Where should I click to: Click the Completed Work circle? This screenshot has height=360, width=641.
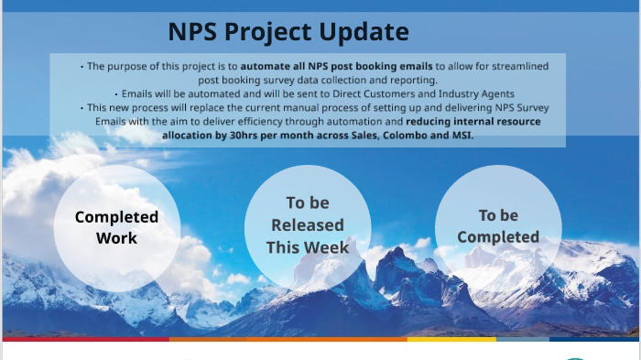[116, 227]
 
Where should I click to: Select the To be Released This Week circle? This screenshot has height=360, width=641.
[308, 226]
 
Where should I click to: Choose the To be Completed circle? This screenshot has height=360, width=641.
[498, 226]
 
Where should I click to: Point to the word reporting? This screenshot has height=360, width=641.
[412, 80]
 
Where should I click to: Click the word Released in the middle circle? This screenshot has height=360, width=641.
[308, 225]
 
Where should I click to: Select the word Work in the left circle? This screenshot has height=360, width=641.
[116, 238]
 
